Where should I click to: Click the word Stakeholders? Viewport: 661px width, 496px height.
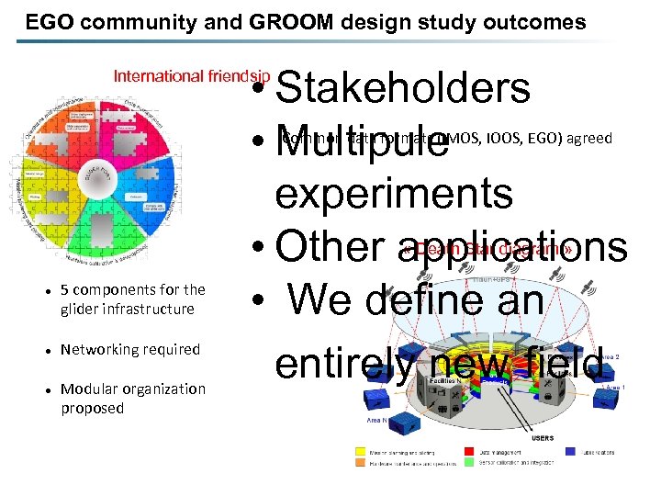point(402,89)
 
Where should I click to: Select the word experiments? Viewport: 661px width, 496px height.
point(393,193)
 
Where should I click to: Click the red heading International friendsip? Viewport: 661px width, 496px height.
point(192,77)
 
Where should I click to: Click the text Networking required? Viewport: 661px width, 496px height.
point(129,349)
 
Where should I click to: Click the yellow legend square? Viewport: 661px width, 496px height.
point(359,451)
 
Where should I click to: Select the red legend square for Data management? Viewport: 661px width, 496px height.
point(470,451)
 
